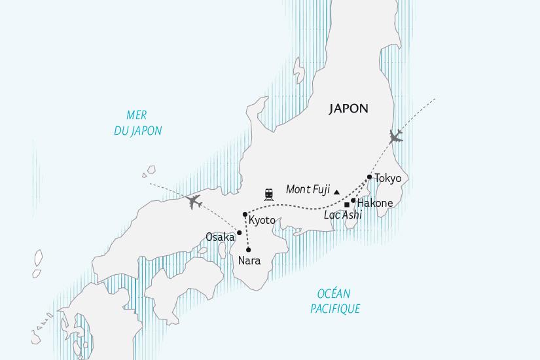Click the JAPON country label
coord(349,109)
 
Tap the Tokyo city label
coord(387,178)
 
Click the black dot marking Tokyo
coord(370,177)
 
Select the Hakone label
coord(376,203)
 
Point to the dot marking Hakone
coord(353,200)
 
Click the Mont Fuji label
coord(308,190)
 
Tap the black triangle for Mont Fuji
coord(336,192)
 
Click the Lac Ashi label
coord(343,215)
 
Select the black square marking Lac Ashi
coord(347,205)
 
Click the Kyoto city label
coord(262,221)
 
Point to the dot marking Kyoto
coord(245,215)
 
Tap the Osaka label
coord(220,237)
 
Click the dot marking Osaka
coord(240,232)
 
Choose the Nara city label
coord(249,261)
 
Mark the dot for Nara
coord(249,249)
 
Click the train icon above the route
coord(269,194)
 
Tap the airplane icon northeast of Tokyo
coord(395,136)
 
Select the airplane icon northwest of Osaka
coord(193,201)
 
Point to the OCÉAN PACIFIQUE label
coord(335,302)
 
